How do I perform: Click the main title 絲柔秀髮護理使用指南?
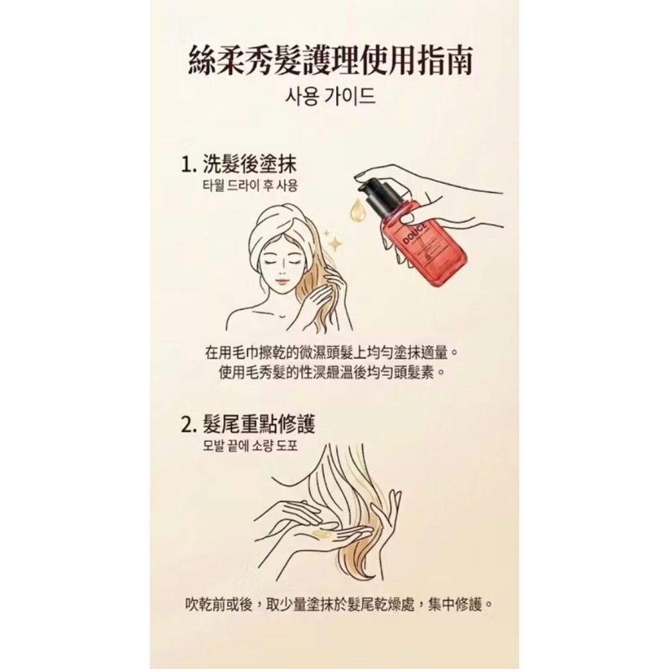click(x=334, y=62)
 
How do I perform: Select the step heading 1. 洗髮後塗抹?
click(x=239, y=165)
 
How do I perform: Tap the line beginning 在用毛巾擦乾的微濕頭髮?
click(x=334, y=352)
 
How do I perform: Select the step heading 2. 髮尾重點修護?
click(x=248, y=424)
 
